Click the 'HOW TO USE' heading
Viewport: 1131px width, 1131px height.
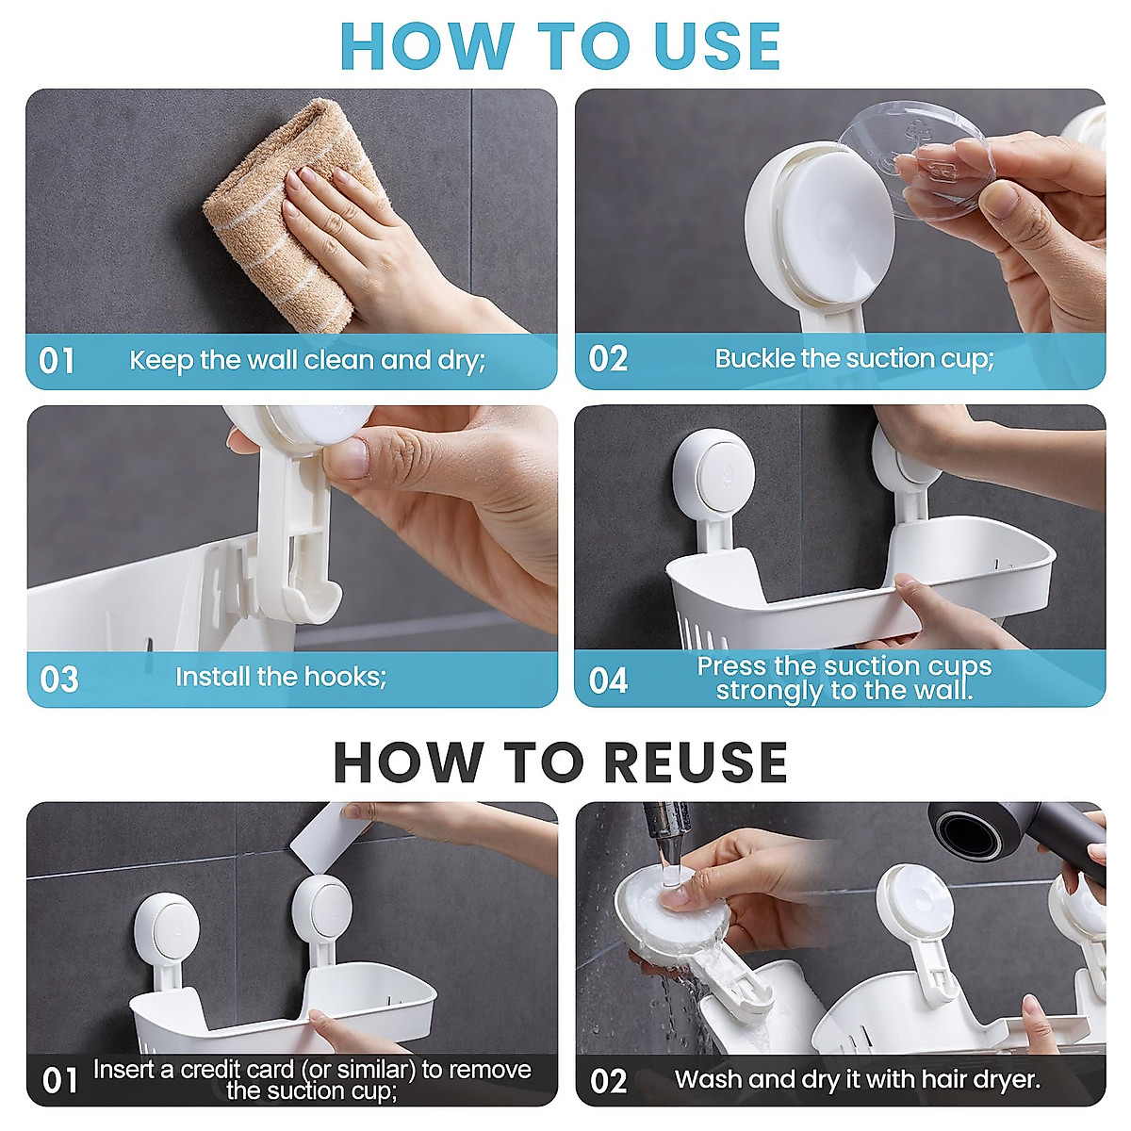click(x=561, y=45)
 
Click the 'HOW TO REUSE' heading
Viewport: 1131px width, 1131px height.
click(x=561, y=762)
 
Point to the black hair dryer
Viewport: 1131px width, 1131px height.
click(x=1018, y=834)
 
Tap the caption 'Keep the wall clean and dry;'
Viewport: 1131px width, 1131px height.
click(x=307, y=360)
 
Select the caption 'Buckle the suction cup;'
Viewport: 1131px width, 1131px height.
click(x=854, y=358)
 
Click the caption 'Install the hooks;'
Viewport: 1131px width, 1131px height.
click(x=281, y=677)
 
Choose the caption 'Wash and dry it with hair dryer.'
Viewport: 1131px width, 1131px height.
click(x=858, y=1079)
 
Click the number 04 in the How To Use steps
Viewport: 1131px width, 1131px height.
click(x=608, y=680)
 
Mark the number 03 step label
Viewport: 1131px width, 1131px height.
click(x=58, y=680)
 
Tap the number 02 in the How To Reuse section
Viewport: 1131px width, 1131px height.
click(x=608, y=1080)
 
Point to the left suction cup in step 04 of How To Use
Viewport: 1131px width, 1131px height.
click(x=712, y=471)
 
